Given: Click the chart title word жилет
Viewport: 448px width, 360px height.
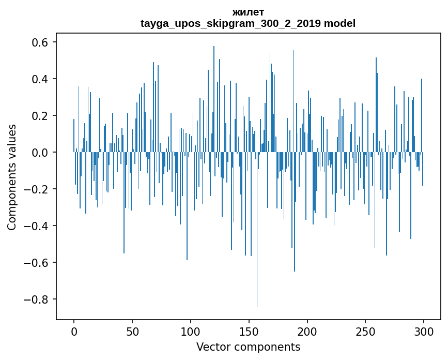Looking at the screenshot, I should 248,12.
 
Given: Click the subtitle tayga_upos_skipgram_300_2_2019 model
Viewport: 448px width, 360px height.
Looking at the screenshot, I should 248,23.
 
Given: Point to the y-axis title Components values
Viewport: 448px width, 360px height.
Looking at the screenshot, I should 12,177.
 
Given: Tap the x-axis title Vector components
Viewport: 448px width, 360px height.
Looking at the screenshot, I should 248,347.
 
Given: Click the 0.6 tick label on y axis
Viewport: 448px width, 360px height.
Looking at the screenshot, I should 37,42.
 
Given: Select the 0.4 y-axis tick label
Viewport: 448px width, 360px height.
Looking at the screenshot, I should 37,79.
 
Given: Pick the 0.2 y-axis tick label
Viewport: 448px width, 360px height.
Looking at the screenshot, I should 37,116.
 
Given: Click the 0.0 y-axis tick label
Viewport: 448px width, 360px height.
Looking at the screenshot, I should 37,153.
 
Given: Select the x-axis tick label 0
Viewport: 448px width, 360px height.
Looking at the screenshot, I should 74,331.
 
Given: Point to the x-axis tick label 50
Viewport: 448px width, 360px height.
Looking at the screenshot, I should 132,331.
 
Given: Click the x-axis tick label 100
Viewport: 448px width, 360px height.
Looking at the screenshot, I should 191,331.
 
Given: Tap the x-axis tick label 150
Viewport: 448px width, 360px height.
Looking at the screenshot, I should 249,331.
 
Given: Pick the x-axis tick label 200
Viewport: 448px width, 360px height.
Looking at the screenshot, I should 307,331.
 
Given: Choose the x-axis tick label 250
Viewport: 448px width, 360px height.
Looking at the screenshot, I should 366,331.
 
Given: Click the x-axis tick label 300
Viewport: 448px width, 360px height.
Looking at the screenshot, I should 424,331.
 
